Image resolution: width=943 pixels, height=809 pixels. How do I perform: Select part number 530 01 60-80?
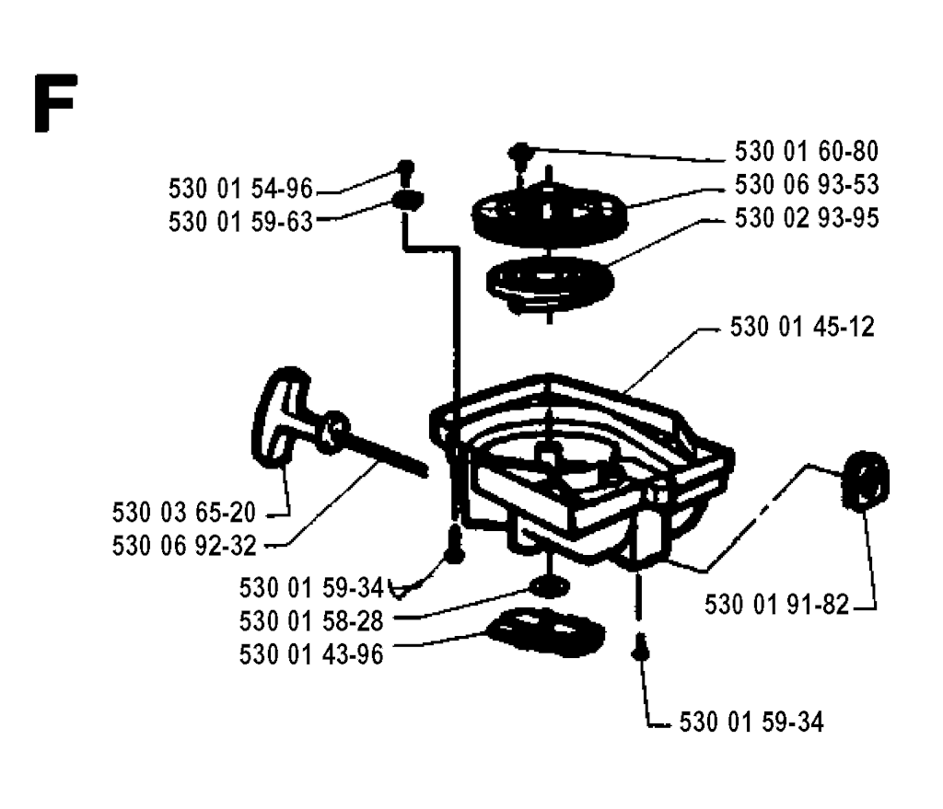(x=807, y=151)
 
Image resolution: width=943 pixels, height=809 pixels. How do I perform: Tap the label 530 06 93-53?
(x=807, y=184)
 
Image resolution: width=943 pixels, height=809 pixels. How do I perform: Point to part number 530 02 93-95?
(x=807, y=217)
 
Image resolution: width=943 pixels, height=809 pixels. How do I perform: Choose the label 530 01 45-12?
(x=802, y=327)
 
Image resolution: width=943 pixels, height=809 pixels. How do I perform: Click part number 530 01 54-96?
(x=240, y=189)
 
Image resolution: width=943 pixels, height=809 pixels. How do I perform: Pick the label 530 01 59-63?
(x=240, y=222)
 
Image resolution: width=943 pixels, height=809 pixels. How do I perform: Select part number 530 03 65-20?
(x=184, y=513)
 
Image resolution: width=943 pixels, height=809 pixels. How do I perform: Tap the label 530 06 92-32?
(x=184, y=547)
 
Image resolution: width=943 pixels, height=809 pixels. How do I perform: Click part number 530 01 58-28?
(x=311, y=621)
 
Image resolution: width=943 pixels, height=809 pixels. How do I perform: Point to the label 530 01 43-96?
(x=311, y=654)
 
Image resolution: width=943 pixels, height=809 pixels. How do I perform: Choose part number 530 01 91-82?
(x=776, y=605)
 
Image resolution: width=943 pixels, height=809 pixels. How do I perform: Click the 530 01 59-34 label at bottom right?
(x=751, y=722)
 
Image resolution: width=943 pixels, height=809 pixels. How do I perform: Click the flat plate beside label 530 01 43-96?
(x=545, y=631)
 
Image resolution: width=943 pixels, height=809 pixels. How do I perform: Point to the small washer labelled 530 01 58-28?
(x=549, y=586)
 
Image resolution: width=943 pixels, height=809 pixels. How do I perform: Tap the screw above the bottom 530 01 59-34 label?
(x=641, y=646)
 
